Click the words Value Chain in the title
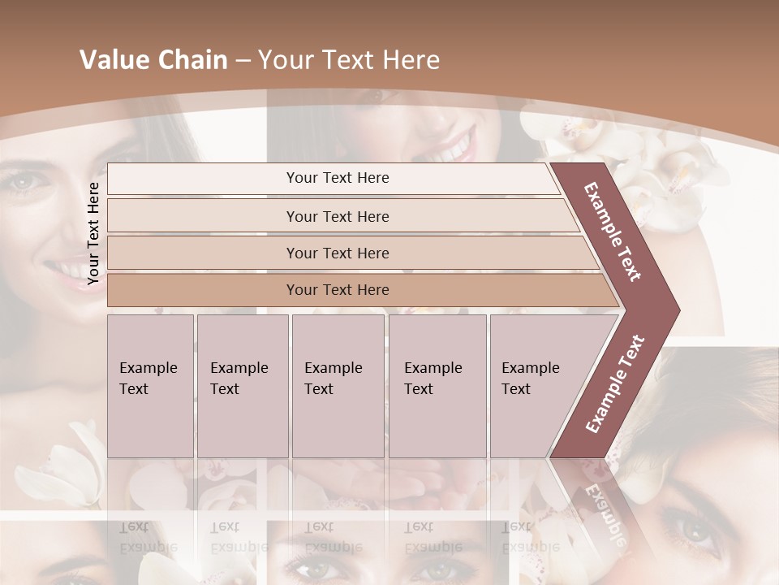pyautogui.click(x=153, y=60)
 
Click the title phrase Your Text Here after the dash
pyautogui.click(x=349, y=60)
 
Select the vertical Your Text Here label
pyautogui.click(x=93, y=233)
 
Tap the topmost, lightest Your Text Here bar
pyautogui.click(x=337, y=178)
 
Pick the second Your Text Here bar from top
pyautogui.click(x=337, y=216)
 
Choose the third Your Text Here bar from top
pyautogui.click(x=337, y=253)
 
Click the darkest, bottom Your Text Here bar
pyautogui.click(x=337, y=290)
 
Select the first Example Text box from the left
pyautogui.click(x=150, y=385)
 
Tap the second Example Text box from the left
pyautogui.click(x=242, y=385)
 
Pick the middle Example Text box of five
pyautogui.click(x=338, y=385)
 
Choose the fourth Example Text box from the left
pyautogui.click(x=437, y=385)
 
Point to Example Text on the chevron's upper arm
pyautogui.click(x=613, y=232)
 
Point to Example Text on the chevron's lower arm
pyautogui.click(x=615, y=383)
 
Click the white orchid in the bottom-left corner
pyautogui.click(x=69, y=467)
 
